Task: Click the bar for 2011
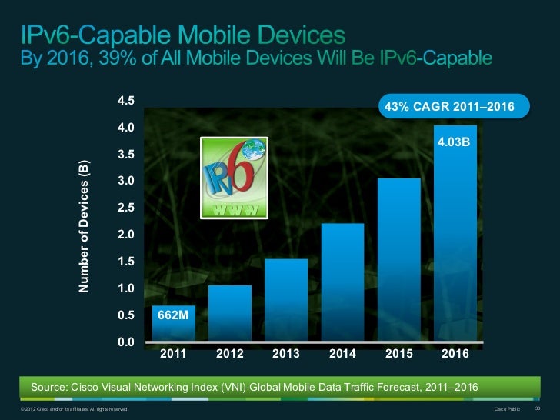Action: point(173,324)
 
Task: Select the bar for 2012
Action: point(229,313)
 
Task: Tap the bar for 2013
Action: point(286,300)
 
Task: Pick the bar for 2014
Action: point(342,282)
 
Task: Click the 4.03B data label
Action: point(454,142)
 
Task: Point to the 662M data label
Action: point(173,315)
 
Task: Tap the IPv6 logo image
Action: point(235,177)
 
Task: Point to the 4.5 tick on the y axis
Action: point(126,101)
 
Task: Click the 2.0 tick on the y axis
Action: point(126,235)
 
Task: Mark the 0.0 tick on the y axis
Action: point(126,342)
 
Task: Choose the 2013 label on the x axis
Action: point(286,355)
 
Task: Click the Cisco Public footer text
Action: point(506,408)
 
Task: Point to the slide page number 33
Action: point(538,408)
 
